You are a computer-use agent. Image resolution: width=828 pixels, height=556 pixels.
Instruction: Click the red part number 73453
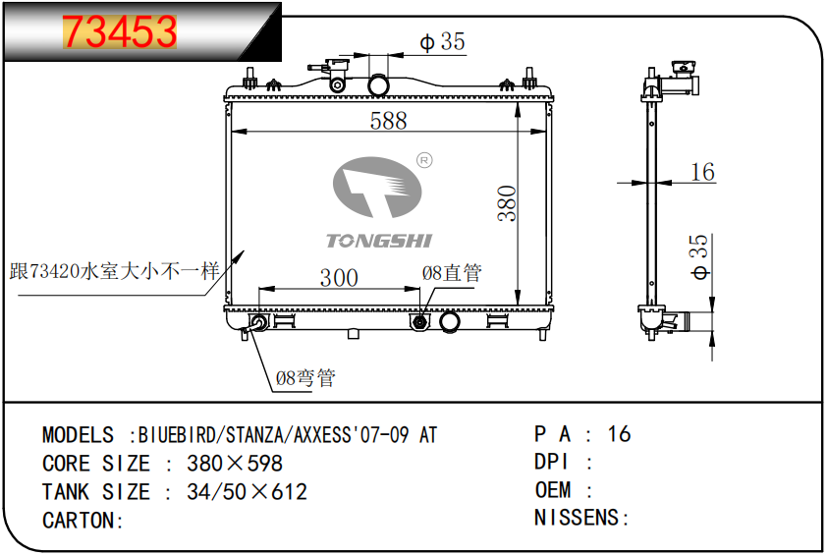(x=120, y=31)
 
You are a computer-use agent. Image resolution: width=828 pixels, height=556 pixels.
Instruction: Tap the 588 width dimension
(x=389, y=121)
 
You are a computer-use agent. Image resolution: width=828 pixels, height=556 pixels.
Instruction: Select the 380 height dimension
(x=507, y=203)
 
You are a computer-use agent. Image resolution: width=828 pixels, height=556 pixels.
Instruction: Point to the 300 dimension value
(x=339, y=278)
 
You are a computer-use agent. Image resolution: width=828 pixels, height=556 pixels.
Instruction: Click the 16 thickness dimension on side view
(x=703, y=172)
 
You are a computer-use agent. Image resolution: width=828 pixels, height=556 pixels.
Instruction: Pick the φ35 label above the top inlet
(x=443, y=41)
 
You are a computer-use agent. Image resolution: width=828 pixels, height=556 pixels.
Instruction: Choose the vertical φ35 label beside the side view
(x=699, y=256)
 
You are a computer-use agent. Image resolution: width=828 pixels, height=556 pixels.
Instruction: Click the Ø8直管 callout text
(x=452, y=273)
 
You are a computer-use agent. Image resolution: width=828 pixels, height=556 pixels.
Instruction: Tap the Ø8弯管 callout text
(x=305, y=377)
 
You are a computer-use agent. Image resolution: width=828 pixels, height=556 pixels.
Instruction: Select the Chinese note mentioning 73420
(x=114, y=271)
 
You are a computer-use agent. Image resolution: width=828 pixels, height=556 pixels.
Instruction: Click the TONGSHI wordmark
(x=379, y=241)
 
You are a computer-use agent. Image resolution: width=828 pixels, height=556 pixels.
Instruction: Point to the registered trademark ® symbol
(x=424, y=160)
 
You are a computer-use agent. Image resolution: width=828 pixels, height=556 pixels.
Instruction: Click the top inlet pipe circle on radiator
(x=378, y=85)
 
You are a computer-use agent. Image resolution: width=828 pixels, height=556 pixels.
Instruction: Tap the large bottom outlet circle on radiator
(x=450, y=321)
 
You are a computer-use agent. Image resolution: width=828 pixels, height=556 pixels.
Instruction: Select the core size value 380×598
(x=235, y=464)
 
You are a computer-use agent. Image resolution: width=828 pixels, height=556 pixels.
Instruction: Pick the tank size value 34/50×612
(x=247, y=492)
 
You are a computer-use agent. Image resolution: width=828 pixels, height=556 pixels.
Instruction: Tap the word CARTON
(x=79, y=521)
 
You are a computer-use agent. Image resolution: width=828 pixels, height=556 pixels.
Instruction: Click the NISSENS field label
(x=577, y=518)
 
